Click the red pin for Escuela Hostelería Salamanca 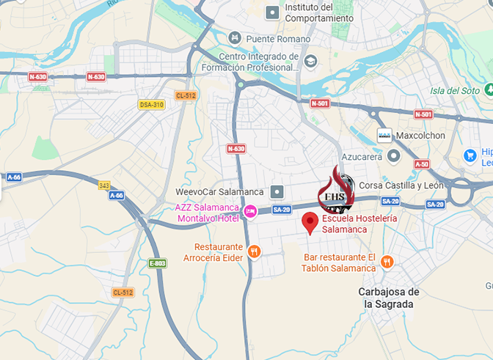pos(310,222)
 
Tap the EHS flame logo pos(335,189)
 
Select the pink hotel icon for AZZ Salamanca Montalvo pos(250,210)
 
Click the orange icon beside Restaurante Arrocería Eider pos(255,251)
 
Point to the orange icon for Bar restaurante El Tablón pos(387,262)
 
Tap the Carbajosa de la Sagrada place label pos(389,298)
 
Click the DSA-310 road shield pos(151,105)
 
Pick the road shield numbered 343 pos(104,185)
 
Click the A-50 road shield pos(421,164)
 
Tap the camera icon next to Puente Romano pos(235,38)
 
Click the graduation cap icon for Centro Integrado pos(311,61)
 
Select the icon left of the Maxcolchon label pos(384,136)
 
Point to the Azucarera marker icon pos(394,156)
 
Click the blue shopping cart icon pos(470,155)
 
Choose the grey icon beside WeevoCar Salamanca pos(277,192)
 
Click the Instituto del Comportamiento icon pos(273,12)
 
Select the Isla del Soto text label pos(455,91)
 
